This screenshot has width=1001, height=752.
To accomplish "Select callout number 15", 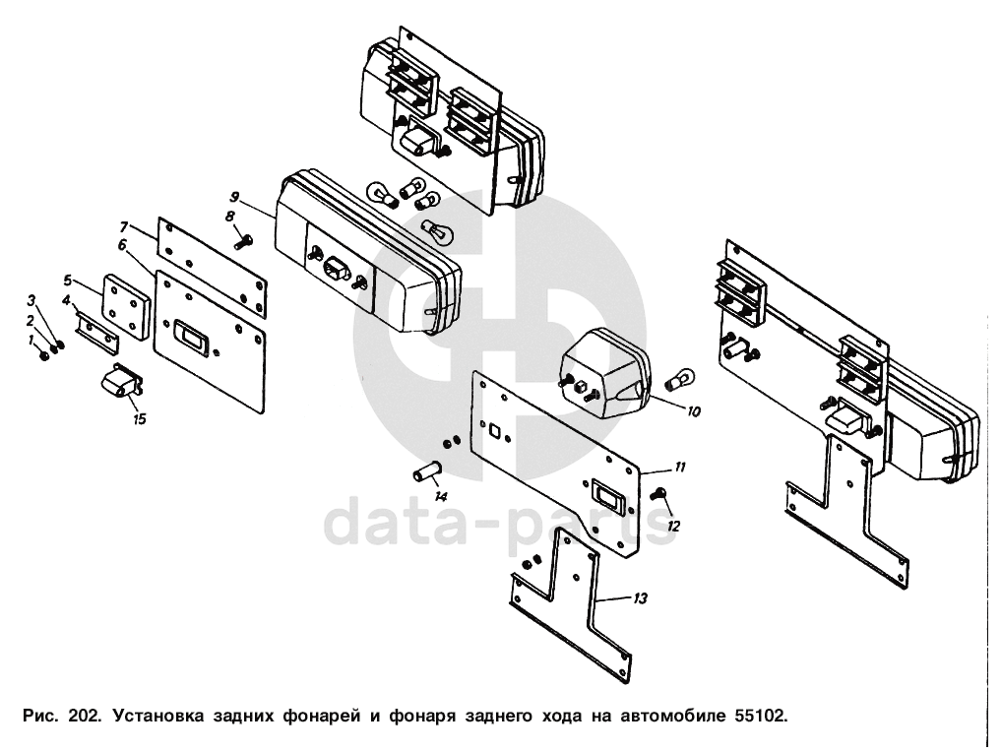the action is pos(140,419).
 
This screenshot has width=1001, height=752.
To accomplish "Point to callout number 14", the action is pos(441,495).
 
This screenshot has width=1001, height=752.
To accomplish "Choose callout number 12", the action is pos(674,526).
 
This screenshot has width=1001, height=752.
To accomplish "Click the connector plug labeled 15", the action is pos(120,383).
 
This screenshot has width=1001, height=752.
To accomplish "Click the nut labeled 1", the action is pos(44,354).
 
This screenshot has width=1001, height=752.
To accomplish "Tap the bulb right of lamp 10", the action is pos(679,377).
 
